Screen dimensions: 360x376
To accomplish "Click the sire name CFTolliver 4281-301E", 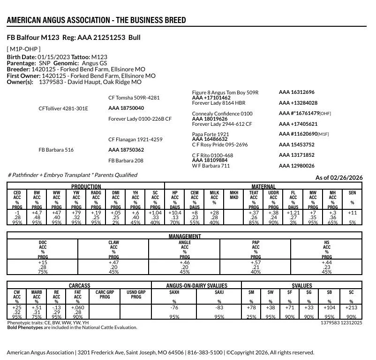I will click(x=63, y=108).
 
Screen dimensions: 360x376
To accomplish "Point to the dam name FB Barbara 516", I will click(x=56, y=150).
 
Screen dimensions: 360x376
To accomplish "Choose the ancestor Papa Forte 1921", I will click(x=211, y=134).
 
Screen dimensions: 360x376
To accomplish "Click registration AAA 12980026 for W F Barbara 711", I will click(x=297, y=166).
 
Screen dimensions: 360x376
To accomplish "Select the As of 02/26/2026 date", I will click(x=339, y=177).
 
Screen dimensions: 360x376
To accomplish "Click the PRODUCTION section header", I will click(x=86, y=186).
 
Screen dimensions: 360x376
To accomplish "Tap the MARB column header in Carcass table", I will click(x=37, y=292).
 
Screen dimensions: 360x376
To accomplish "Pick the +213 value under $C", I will click(x=352, y=307).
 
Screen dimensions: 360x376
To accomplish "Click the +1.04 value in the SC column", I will click(x=155, y=213).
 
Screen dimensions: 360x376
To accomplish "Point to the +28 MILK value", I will click(x=214, y=213).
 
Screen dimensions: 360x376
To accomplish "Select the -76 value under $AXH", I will click(x=174, y=307).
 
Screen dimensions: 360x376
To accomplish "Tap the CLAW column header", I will click(x=113, y=243).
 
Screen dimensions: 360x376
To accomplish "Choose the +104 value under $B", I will click(x=330, y=307).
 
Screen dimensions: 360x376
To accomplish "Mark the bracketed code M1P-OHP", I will click(x=23, y=49).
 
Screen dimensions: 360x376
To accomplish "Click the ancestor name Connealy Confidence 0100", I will click(x=222, y=114).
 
